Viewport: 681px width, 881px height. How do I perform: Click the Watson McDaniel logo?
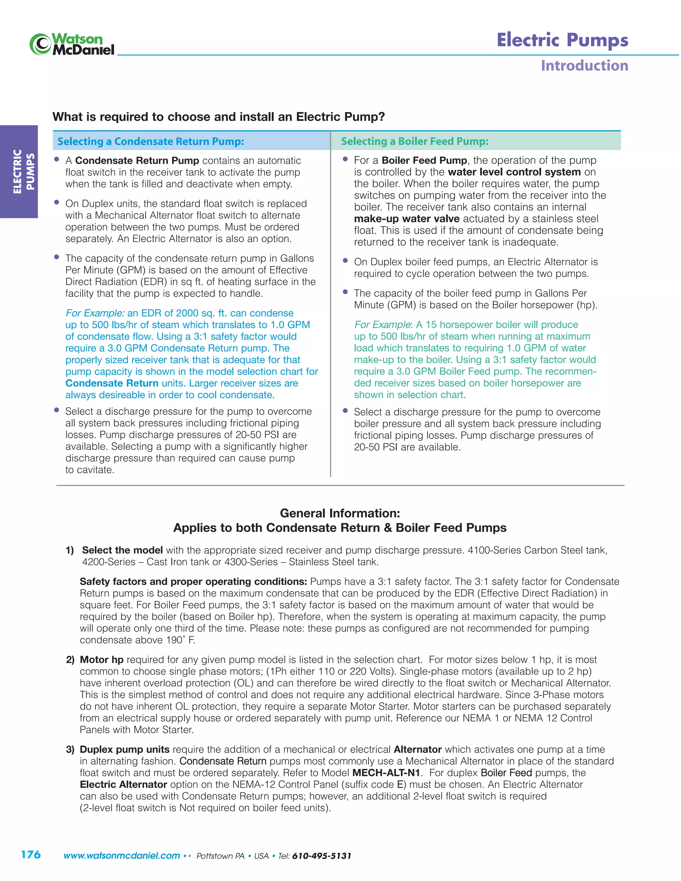click(x=72, y=44)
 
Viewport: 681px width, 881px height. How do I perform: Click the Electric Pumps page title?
click(x=562, y=40)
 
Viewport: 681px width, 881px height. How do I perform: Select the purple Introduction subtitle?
click(x=584, y=65)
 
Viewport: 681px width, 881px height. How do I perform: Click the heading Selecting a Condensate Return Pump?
click(x=151, y=141)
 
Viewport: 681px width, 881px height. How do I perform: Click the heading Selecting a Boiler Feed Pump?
click(x=414, y=141)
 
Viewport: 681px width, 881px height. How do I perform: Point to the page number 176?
click(x=31, y=854)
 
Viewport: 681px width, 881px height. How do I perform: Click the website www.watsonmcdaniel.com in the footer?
click(x=121, y=856)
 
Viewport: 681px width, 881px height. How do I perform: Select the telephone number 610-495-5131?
click(x=322, y=856)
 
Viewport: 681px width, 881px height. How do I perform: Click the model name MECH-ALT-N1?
click(x=386, y=773)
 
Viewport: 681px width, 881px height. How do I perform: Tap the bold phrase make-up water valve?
click(x=406, y=219)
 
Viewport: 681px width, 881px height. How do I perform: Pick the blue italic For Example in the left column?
click(x=95, y=313)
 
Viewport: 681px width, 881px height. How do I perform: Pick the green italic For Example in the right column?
click(x=382, y=325)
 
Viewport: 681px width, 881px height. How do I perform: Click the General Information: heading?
click(x=340, y=513)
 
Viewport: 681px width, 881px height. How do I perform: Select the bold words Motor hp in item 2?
click(x=101, y=660)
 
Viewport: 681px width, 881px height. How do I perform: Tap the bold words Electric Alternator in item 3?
click(x=123, y=784)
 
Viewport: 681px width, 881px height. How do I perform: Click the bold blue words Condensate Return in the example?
click(x=112, y=383)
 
